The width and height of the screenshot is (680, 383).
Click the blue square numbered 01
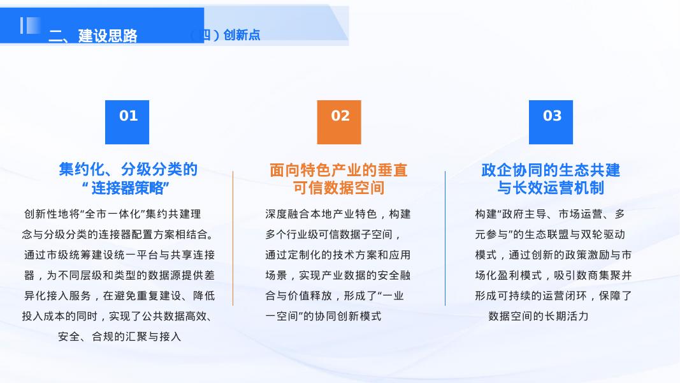click(127, 122)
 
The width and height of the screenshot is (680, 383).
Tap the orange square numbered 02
click(339, 122)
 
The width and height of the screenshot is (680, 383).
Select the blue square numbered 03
click(551, 122)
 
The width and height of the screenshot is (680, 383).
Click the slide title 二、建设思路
click(93, 36)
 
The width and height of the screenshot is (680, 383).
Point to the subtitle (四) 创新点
click(226, 35)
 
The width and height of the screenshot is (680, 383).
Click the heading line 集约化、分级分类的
click(128, 170)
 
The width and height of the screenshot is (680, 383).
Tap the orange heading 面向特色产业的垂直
click(338, 170)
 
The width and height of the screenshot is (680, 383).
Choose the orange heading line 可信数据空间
click(338, 188)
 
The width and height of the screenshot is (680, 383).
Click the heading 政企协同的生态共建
click(551, 170)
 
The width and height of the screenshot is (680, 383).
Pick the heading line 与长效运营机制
click(551, 188)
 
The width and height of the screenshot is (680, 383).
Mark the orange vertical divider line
click(233, 237)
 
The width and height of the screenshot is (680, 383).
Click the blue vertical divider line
click(445, 237)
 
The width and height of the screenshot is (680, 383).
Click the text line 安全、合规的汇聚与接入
click(120, 336)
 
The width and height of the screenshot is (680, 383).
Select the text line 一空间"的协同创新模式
click(323, 316)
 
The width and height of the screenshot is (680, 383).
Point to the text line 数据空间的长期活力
click(539, 316)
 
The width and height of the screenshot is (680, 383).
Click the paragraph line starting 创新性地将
click(112, 214)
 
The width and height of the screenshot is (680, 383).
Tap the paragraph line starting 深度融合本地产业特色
click(338, 214)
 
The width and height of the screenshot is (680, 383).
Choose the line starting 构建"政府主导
click(550, 214)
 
